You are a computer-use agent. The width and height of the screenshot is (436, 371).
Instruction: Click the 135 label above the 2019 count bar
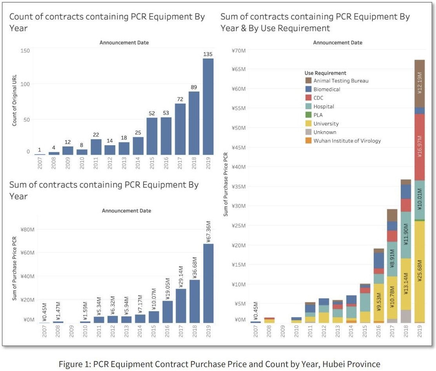[x=208, y=54]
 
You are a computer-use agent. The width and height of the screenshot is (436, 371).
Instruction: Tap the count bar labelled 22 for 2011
[x=96, y=147]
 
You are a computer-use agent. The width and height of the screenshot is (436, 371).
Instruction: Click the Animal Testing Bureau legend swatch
[x=309, y=81]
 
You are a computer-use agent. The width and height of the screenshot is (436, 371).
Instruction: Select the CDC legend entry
[x=318, y=98]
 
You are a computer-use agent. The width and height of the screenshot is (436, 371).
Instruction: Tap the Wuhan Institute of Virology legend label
[x=347, y=141]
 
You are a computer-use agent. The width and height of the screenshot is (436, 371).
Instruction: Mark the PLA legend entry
[x=318, y=115]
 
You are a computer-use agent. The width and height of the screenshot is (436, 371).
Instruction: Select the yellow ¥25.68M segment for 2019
[x=420, y=271]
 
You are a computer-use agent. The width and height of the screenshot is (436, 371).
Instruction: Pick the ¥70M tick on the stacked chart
[x=239, y=50]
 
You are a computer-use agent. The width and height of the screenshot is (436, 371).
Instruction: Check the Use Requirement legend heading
[x=325, y=73]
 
